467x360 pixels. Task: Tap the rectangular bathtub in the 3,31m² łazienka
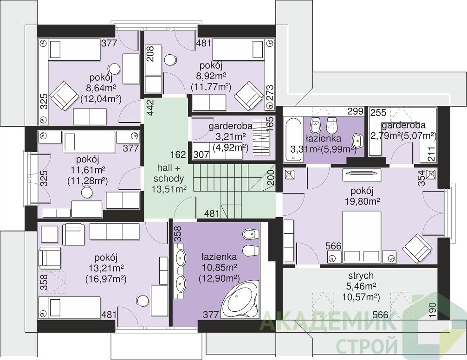click(293, 140)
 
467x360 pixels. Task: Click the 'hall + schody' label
click(169, 173)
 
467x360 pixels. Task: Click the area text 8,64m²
click(101, 88)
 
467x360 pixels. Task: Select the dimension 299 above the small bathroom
click(356, 111)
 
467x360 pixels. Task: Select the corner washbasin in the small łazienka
click(358, 141)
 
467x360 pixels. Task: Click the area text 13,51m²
click(169, 189)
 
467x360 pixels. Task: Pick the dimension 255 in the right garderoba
click(378, 112)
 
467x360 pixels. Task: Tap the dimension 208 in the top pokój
click(151, 54)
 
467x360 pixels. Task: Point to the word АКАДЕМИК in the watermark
click(329, 321)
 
